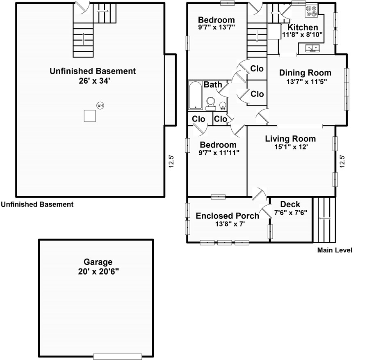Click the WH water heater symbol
click(100, 105)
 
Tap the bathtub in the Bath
click(196, 95)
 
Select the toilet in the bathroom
click(211, 104)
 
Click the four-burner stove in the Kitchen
click(311, 11)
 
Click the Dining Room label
click(305, 73)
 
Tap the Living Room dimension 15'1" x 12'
click(291, 147)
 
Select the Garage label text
click(98, 262)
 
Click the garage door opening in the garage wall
click(118, 356)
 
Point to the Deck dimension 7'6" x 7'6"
click(290, 213)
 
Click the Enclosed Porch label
click(228, 216)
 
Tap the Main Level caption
click(335, 250)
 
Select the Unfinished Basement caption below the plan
click(37, 204)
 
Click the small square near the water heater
click(90, 116)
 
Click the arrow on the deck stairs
click(325, 218)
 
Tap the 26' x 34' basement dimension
click(94, 81)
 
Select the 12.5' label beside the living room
click(342, 161)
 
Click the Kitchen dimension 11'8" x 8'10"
click(302, 35)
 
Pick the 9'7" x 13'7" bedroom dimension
click(217, 27)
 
